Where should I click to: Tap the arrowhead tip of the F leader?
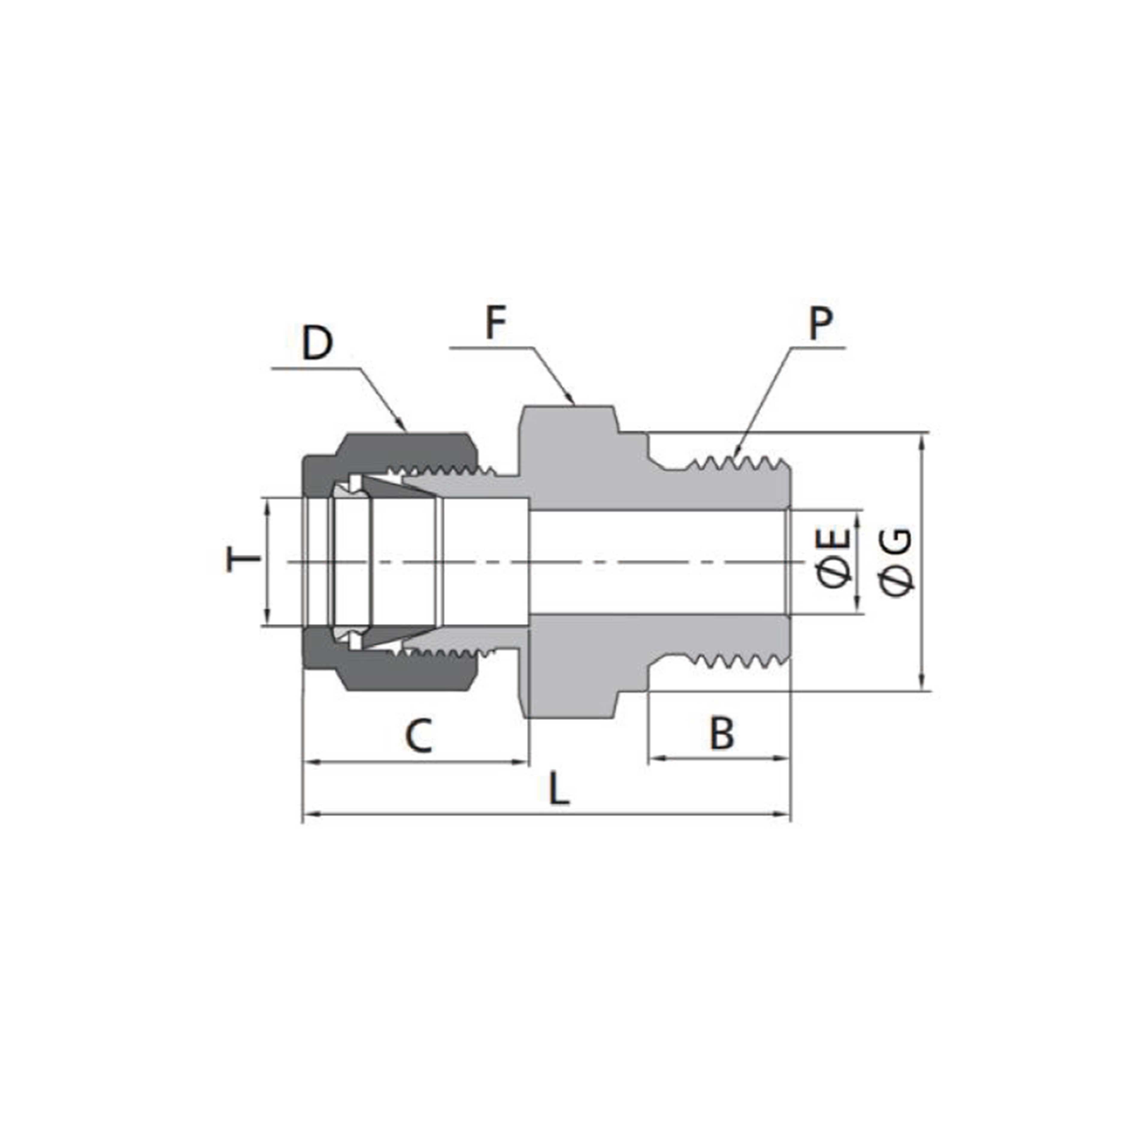574,403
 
